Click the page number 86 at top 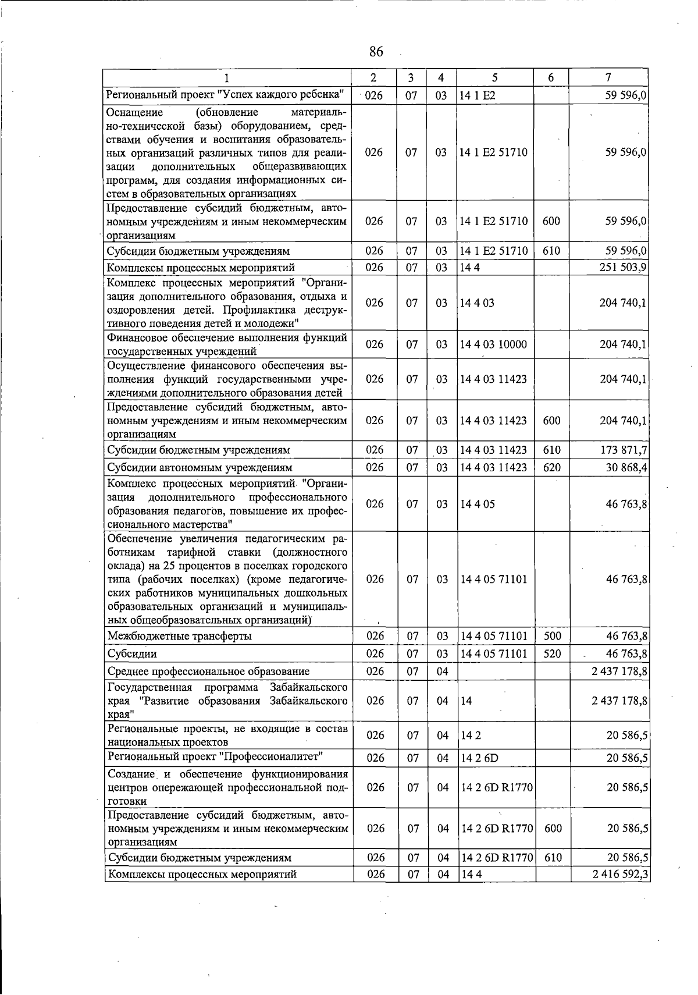coord(376,52)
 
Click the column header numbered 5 coord(494,77)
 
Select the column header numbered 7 coord(608,77)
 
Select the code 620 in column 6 coord(551,468)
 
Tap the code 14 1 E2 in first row coord(477,95)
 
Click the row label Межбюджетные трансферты coord(179,637)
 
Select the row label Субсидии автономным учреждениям coord(200,468)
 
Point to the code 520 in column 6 coord(552,654)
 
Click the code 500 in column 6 coord(552,637)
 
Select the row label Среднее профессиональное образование coord(208,671)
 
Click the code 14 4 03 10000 coord(493,344)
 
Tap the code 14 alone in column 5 coord(466,701)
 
